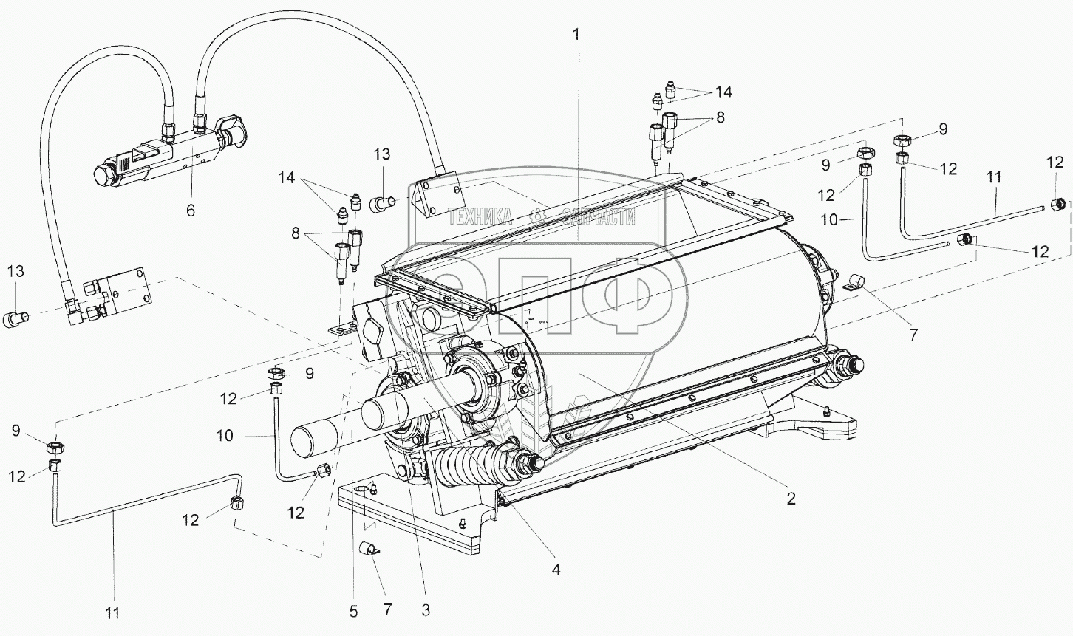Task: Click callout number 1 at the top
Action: point(577,33)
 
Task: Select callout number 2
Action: point(791,499)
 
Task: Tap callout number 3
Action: point(425,610)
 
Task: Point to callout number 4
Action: point(556,570)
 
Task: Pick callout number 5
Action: point(353,611)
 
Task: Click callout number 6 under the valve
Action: point(190,211)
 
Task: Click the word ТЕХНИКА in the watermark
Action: point(480,216)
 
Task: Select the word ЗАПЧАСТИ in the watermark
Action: point(599,216)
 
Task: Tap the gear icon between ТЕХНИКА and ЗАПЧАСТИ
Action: point(538,216)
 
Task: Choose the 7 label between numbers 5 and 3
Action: point(388,610)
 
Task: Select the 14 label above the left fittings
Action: point(287,177)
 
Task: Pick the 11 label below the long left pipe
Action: point(113,612)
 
